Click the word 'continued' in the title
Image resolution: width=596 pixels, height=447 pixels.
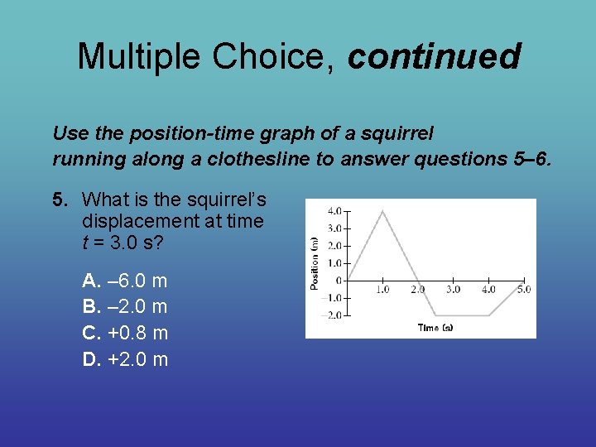[434, 57]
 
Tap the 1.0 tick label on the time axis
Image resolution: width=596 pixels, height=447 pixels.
[382, 290]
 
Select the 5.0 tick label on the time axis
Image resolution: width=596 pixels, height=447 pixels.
[523, 290]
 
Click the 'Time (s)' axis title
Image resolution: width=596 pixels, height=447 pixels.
[435, 328]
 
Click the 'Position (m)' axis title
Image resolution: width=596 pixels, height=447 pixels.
[315, 262]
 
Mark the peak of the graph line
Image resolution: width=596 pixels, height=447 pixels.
[382, 211]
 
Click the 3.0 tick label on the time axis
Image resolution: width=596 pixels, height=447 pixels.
[453, 290]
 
